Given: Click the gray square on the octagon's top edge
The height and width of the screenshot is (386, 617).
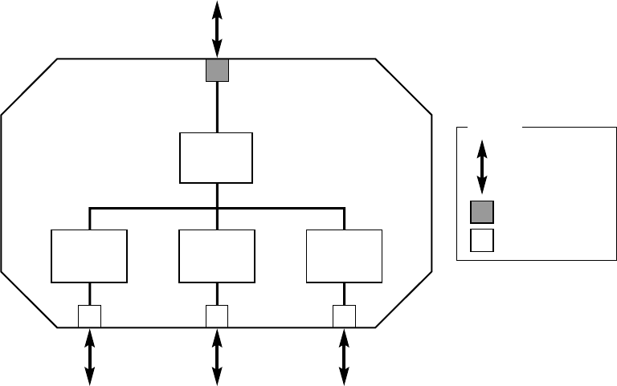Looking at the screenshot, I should pyautogui.click(x=217, y=71).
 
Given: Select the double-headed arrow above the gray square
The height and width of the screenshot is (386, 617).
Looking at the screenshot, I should pyautogui.click(x=217, y=29).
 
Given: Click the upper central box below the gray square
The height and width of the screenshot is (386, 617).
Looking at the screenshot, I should pyautogui.click(x=216, y=158).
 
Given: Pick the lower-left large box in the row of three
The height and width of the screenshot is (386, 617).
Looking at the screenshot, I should pyautogui.click(x=89, y=256).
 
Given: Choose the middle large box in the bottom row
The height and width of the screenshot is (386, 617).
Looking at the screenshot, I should pyautogui.click(x=217, y=256).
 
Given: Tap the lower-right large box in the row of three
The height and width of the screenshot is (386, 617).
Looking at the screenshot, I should pyautogui.click(x=345, y=256).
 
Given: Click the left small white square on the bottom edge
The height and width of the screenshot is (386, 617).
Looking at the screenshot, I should pyautogui.click(x=89, y=316).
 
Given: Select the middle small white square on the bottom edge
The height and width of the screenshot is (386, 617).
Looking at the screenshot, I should pyautogui.click(x=217, y=316).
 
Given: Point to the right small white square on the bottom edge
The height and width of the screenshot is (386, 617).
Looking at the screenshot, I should pyautogui.click(x=345, y=316).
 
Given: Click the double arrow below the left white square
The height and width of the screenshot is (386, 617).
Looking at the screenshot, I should pyautogui.click(x=89, y=357).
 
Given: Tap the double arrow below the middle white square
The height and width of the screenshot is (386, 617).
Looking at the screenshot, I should pyautogui.click(x=217, y=357).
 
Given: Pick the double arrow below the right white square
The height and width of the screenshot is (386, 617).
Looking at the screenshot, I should pyautogui.click(x=345, y=357).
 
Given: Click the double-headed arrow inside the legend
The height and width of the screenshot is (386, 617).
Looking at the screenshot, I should pyautogui.click(x=482, y=166).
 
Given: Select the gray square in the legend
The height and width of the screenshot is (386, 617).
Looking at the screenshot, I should pyautogui.click(x=482, y=212).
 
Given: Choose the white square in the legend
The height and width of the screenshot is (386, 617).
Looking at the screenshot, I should pyautogui.click(x=482, y=241).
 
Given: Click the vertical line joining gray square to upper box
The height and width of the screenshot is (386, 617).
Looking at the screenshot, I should pyautogui.click(x=217, y=108).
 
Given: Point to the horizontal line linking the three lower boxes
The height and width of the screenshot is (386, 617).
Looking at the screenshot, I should pyautogui.click(x=153, y=209).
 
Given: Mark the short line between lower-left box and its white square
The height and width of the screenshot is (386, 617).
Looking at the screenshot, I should pyautogui.click(x=89, y=294).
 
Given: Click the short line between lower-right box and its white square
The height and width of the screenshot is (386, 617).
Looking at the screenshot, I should pyautogui.click(x=345, y=294).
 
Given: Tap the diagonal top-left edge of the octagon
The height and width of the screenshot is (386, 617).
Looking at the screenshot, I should pyautogui.click(x=29, y=87).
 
